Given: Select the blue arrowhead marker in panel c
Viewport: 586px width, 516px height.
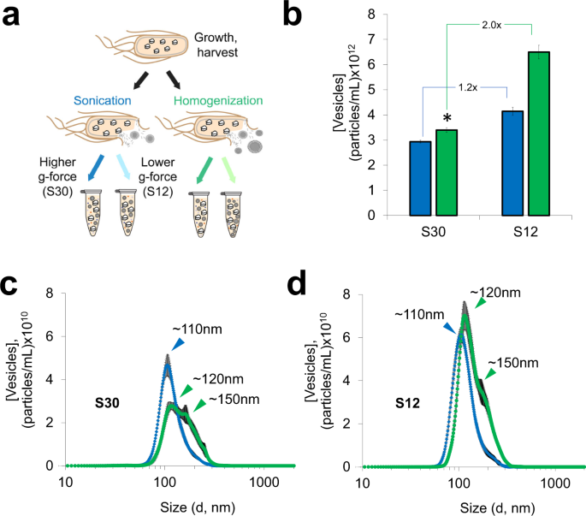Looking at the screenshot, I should tap(178, 344).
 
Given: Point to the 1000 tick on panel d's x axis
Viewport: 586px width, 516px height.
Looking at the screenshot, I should tap(558, 483).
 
